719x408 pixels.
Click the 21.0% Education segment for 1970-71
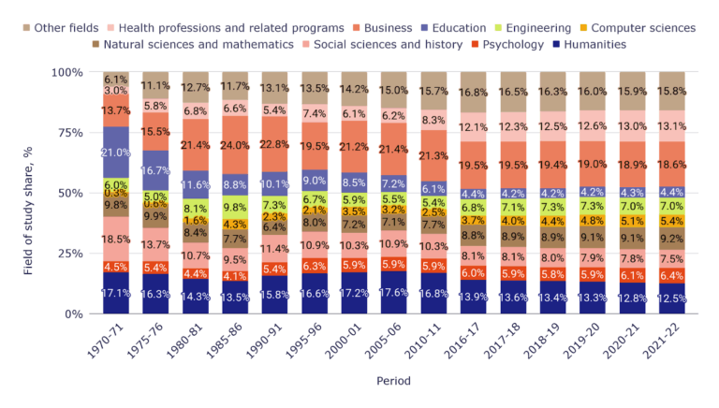click(116, 153)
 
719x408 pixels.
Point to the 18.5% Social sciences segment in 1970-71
click(116, 240)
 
